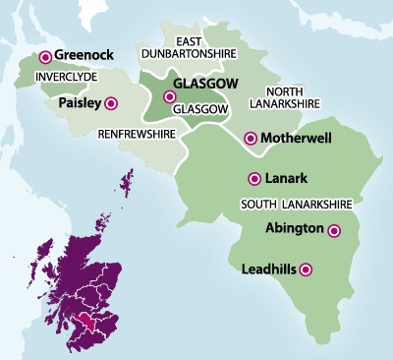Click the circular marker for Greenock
45,58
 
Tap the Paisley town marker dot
110,101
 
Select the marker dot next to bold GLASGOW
170,97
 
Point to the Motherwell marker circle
251,138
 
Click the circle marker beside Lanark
254,178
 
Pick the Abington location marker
334,231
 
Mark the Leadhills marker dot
307,268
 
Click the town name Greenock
85,57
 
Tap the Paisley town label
80,101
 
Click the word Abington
296,228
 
